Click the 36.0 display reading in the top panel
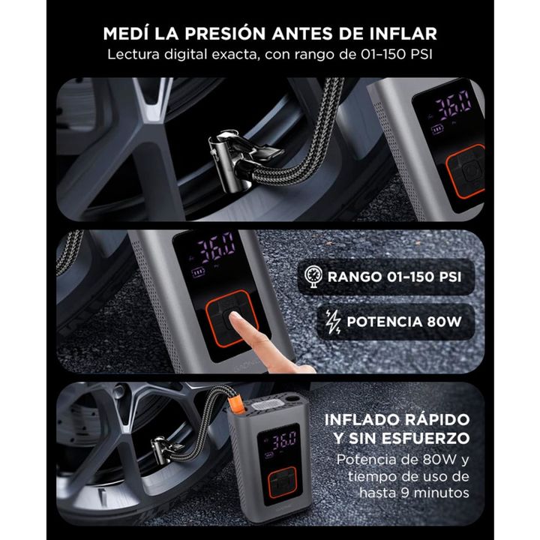[454, 101]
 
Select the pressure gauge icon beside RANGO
[311, 277]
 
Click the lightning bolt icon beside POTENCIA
[332, 322]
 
